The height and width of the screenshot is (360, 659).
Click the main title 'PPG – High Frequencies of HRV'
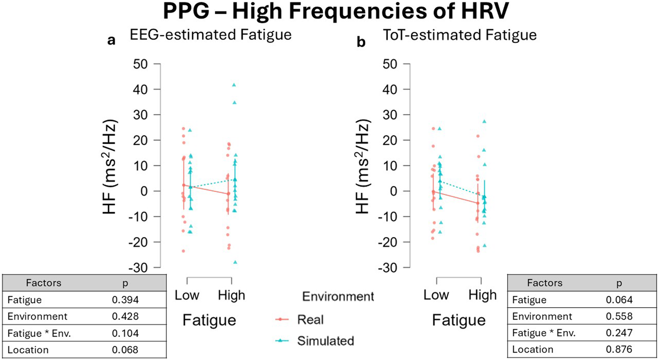(335, 11)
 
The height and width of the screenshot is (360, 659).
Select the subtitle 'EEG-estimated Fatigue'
(210, 35)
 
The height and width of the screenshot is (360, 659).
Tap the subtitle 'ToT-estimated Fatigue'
(459, 35)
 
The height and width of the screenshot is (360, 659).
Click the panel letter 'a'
(111, 40)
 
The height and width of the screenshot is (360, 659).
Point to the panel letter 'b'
(360, 42)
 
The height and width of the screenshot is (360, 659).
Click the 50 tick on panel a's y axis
(140, 64)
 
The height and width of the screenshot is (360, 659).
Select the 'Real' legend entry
(310, 320)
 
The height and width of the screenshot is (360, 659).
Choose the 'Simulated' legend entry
(325, 341)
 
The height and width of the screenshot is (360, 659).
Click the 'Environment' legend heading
(338, 297)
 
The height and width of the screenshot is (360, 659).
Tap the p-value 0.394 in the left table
(125, 300)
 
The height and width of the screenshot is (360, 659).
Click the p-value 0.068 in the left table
(125, 350)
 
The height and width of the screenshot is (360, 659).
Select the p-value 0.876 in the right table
(619, 349)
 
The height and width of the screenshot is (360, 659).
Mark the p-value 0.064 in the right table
(619, 300)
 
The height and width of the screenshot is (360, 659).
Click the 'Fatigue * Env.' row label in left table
(39, 333)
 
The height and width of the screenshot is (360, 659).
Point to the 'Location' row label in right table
(532, 349)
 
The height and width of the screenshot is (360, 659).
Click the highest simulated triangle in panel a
(234, 85)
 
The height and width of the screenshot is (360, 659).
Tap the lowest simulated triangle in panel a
(235, 262)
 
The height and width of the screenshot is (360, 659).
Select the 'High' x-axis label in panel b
(482, 295)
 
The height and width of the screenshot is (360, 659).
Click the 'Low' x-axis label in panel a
(187, 295)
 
